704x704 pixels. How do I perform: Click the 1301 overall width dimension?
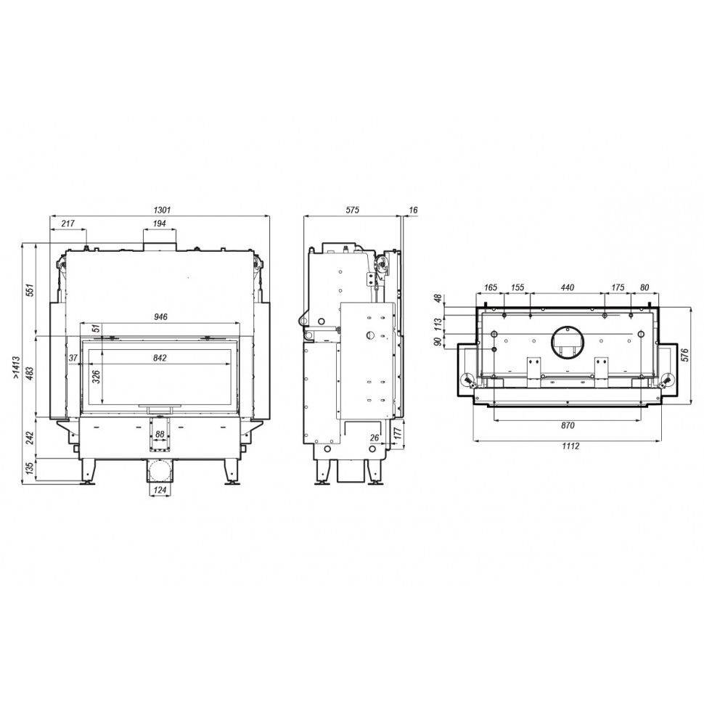(x=162, y=210)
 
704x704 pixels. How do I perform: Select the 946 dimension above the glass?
(x=160, y=317)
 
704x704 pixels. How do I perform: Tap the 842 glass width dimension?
(x=160, y=358)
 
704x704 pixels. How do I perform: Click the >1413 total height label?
(x=16, y=368)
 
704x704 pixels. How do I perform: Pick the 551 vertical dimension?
(x=30, y=290)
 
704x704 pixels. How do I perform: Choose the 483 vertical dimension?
(x=30, y=372)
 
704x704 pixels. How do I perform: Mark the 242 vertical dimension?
(x=30, y=438)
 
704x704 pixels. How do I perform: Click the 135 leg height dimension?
(x=30, y=468)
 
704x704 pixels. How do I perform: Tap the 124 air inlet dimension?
(x=160, y=490)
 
